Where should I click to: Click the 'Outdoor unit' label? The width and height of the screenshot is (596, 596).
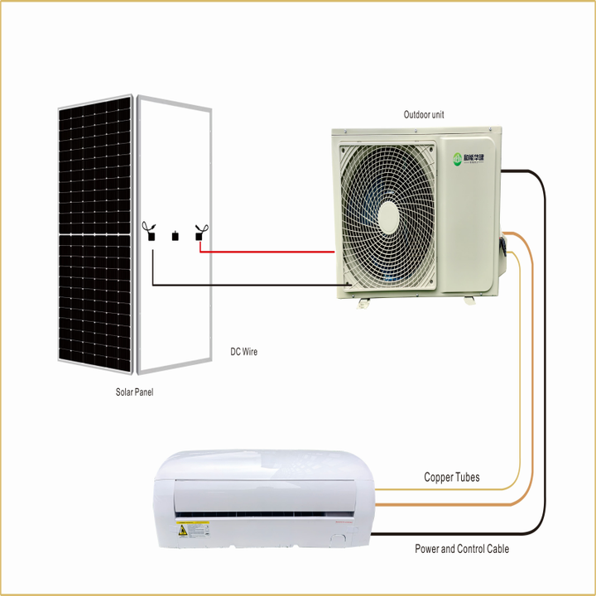424,115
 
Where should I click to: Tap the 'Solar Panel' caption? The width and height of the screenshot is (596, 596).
134,392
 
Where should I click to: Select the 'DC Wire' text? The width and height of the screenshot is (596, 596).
243,352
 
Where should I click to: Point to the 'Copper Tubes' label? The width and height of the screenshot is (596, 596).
451,478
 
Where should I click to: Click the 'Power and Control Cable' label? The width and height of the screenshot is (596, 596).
462,549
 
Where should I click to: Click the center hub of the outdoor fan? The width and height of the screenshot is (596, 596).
387,214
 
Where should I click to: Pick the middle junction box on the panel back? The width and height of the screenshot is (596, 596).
175,237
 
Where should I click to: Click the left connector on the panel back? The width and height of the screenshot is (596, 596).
151,233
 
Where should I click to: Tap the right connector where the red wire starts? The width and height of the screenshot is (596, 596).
199,233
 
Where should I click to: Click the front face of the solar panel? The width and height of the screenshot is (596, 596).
94,232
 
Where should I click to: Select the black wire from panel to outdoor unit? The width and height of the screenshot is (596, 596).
248,286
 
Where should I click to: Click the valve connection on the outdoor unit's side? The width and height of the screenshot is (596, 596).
501,248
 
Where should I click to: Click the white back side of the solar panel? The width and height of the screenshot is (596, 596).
175,315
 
